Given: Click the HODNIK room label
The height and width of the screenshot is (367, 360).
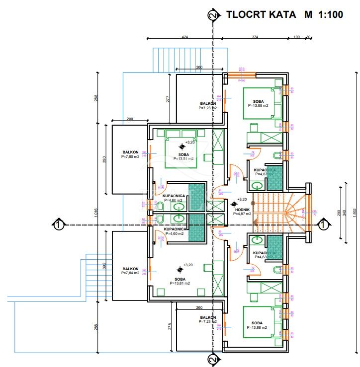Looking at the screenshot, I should [x=242, y=209].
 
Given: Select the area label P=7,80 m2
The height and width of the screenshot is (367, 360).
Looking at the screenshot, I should [x=131, y=156].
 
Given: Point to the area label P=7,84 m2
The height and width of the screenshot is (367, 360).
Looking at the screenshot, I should [x=131, y=273].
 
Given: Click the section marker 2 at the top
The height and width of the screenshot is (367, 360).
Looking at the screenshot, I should [x=214, y=15].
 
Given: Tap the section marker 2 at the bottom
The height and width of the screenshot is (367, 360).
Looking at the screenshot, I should [x=214, y=359].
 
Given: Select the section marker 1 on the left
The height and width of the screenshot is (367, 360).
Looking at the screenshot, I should [x=58, y=224].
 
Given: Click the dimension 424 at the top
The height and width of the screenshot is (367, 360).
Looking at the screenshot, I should [x=185, y=36].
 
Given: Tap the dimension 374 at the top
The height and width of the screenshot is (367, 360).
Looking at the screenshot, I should [x=255, y=36].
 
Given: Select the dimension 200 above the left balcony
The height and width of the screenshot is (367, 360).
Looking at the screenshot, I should [x=130, y=119].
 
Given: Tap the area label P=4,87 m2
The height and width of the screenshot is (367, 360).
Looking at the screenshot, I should [x=242, y=214].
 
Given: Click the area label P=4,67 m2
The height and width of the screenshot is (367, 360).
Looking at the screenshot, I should [x=264, y=174].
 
